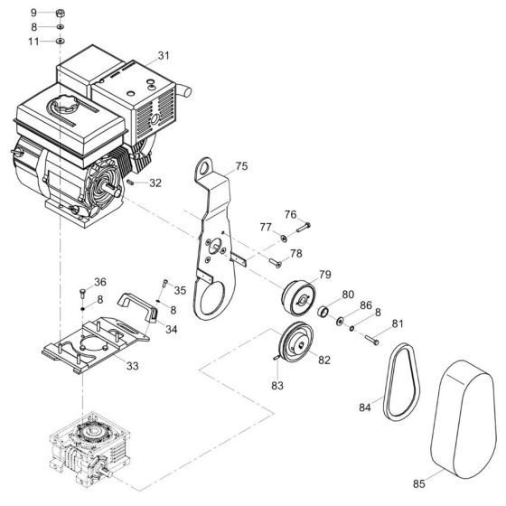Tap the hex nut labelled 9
(x=59, y=14)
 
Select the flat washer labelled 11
(x=59, y=42)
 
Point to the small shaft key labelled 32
(x=132, y=182)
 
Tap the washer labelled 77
(x=283, y=237)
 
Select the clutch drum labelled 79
(x=297, y=295)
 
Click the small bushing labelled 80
(x=321, y=313)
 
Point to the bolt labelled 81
(x=373, y=339)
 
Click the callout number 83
(x=276, y=385)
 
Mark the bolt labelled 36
(x=81, y=292)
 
